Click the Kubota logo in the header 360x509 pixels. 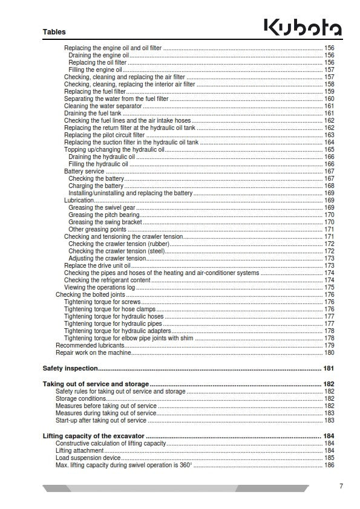coord(303,27)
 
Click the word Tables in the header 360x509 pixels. coord(54,32)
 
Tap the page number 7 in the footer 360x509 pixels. coord(341,485)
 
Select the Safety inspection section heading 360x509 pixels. coord(70,368)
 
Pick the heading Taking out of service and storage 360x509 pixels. coord(96,384)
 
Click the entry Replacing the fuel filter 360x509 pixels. coord(95,91)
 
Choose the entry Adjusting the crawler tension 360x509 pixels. coord(107,258)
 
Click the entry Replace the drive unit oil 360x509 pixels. coord(97,265)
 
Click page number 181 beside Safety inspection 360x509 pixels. coord(329,368)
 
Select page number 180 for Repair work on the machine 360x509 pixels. coord(329,352)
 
